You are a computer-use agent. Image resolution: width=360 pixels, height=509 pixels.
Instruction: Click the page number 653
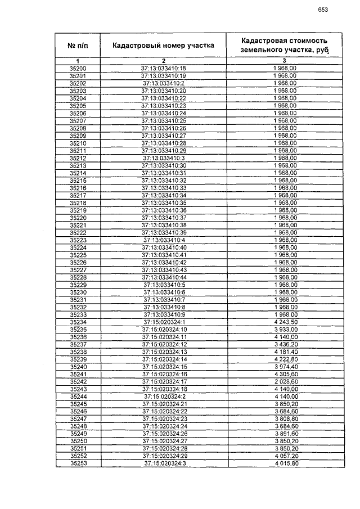[x=323, y=10]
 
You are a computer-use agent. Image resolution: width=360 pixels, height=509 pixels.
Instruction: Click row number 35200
[x=78, y=68]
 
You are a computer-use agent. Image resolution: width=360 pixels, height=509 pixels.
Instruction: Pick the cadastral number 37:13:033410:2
[x=163, y=83]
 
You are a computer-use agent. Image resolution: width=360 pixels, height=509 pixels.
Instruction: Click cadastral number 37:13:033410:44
[x=163, y=277]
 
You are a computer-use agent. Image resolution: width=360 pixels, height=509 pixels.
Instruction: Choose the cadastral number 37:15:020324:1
[x=163, y=322]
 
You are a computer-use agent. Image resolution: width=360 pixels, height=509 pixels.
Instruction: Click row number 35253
[x=78, y=463]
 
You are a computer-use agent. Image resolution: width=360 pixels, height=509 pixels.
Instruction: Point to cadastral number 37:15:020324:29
[x=163, y=456]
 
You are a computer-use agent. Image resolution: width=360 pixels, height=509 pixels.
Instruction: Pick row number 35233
[x=78, y=314]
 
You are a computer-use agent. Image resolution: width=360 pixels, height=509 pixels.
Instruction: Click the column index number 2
[x=163, y=60]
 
